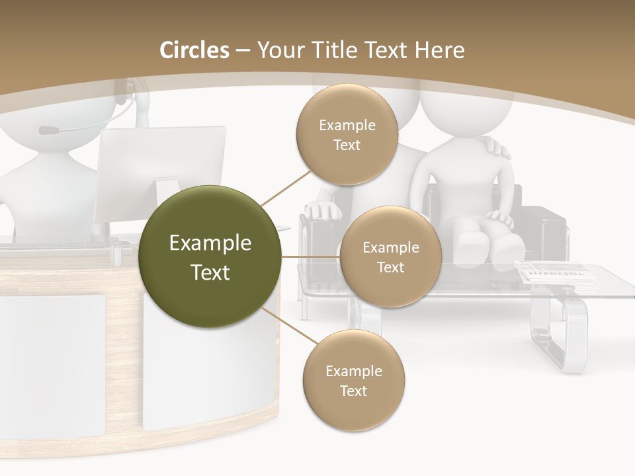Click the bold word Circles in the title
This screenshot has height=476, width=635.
click(x=194, y=50)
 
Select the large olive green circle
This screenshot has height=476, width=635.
click(x=210, y=257)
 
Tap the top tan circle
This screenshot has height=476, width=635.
click(x=347, y=134)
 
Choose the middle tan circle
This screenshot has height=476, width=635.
click(x=390, y=257)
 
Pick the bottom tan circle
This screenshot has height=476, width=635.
click(x=353, y=380)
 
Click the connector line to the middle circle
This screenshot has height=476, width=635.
click(x=310, y=257)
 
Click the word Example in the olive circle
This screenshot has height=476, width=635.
click(x=210, y=243)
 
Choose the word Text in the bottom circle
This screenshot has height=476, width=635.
click(x=353, y=391)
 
